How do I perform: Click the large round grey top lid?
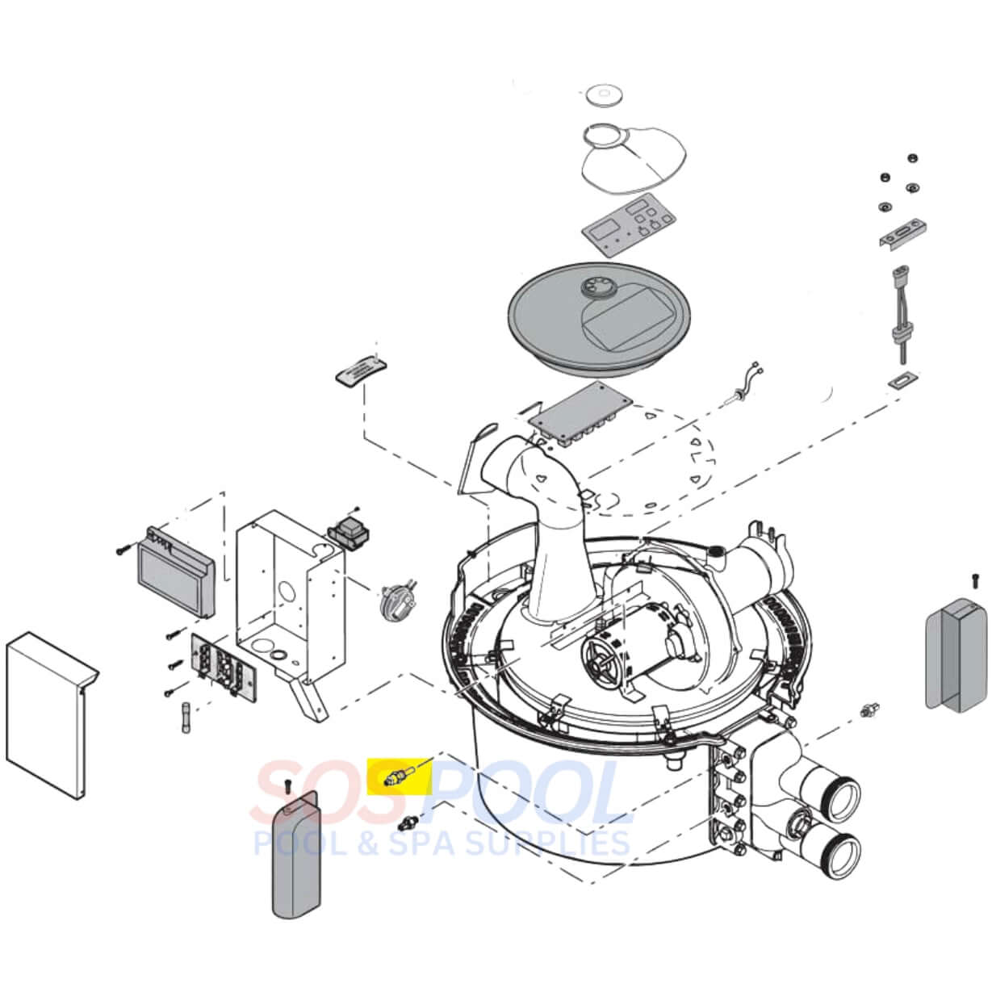click(599, 318)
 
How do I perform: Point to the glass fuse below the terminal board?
click(186, 716)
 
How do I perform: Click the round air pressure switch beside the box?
click(397, 600)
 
